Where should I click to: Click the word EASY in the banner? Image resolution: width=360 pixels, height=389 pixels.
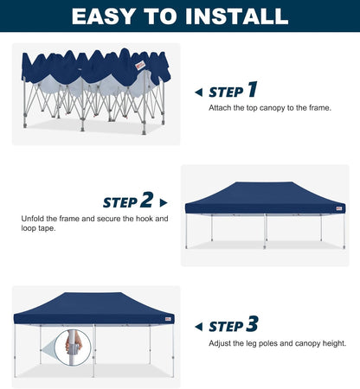[x=103, y=16]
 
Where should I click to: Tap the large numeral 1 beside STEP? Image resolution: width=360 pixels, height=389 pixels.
[x=252, y=90]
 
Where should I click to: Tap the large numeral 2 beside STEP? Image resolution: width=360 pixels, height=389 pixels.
[x=146, y=201]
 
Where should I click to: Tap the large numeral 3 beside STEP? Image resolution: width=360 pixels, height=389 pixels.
[x=252, y=325]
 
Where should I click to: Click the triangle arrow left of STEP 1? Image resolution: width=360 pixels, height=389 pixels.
[x=198, y=92]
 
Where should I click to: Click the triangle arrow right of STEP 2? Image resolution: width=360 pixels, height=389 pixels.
[x=163, y=203]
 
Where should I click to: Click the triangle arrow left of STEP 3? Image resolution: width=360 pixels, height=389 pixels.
[x=198, y=327]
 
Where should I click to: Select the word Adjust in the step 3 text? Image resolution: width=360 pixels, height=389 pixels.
[x=219, y=343]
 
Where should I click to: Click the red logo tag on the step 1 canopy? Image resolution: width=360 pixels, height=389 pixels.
[x=140, y=64]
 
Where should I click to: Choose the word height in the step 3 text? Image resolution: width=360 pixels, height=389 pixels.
[x=334, y=343]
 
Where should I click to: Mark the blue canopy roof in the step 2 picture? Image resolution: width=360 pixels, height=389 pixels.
[x=264, y=194]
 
